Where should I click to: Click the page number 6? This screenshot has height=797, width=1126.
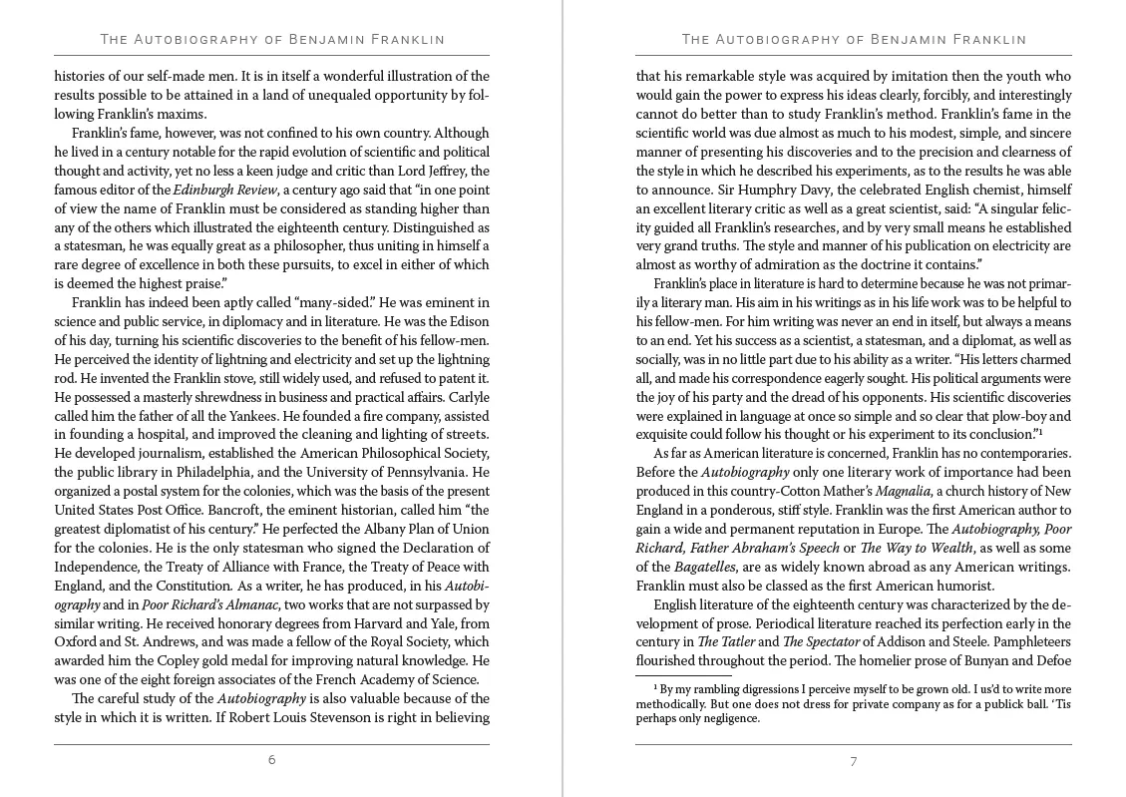click(x=271, y=760)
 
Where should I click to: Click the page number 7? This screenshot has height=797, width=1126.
click(x=853, y=761)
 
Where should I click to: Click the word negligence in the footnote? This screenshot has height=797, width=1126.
click(x=727, y=718)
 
